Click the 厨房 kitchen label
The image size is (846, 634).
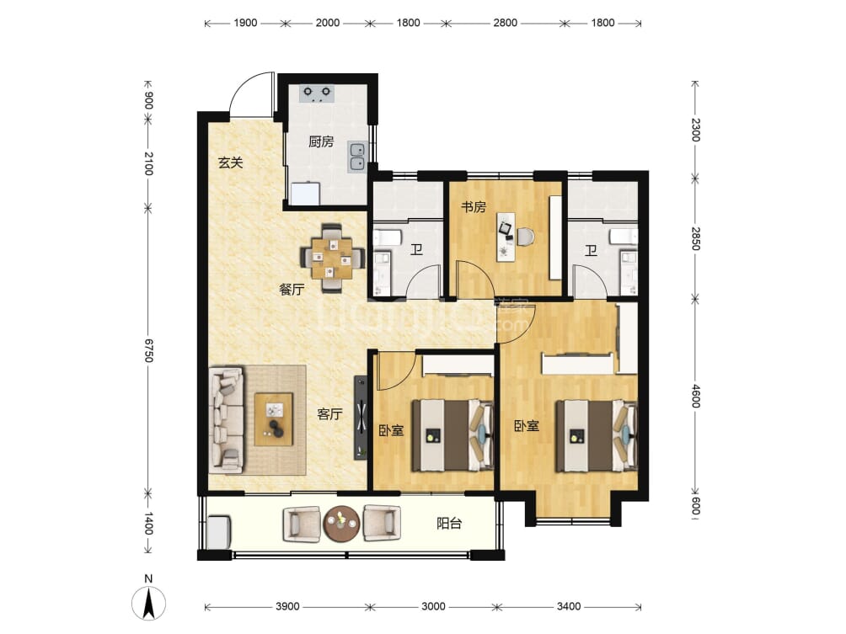[x=321, y=141]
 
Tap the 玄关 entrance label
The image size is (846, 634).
[x=230, y=162]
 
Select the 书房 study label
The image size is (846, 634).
[x=474, y=206]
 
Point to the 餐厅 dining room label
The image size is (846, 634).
[x=292, y=290]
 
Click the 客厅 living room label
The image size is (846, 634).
[x=329, y=414]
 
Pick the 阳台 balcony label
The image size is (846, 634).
[x=449, y=523]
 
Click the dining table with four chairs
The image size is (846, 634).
[x=332, y=258]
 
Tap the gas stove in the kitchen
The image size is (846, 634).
[x=317, y=93]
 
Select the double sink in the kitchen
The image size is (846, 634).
[x=356, y=157]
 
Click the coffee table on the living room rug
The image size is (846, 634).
[x=274, y=419]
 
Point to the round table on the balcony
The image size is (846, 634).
[x=341, y=523]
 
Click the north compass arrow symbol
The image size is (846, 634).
[x=148, y=603]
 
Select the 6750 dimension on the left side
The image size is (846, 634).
[x=148, y=350]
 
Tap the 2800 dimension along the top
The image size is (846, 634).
[x=505, y=23]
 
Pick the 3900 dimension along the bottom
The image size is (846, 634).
[x=287, y=606]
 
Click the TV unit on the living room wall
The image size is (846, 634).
[x=361, y=418]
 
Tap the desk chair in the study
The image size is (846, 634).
[x=526, y=236]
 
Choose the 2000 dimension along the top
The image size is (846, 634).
[x=328, y=23]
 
